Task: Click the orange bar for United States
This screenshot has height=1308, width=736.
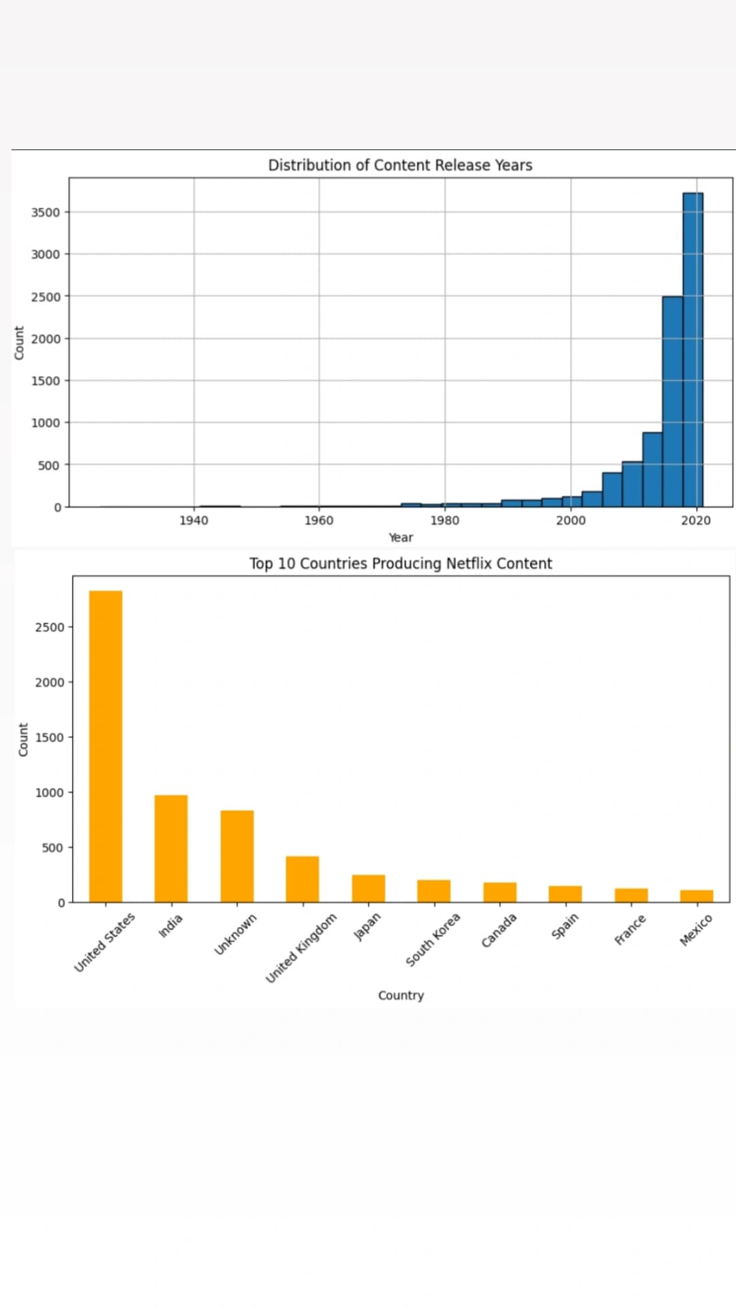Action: click(106, 746)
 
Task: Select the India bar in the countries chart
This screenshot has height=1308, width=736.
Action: click(171, 848)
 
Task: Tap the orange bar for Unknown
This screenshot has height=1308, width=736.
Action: click(237, 856)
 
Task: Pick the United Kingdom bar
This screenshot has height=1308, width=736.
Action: click(303, 879)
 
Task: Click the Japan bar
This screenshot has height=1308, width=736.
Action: click(368, 888)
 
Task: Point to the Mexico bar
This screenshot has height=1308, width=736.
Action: click(696, 896)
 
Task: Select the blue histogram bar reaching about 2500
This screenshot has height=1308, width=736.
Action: click(673, 401)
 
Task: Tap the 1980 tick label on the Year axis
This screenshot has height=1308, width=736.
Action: click(444, 520)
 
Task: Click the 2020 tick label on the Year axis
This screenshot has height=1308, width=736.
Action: click(696, 520)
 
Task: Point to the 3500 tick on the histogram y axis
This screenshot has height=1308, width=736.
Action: click(46, 213)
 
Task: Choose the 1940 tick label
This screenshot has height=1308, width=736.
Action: click(194, 520)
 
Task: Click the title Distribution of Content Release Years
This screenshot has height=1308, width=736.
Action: click(400, 165)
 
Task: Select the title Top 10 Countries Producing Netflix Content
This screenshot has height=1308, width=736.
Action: click(401, 563)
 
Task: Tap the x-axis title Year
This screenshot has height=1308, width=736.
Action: click(401, 538)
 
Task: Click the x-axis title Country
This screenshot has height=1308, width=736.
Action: click(401, 995)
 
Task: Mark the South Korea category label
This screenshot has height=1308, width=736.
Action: click(433, 939)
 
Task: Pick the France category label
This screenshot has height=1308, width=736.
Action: click(630, 930)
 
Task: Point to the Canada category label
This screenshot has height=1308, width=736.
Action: click(499, 931)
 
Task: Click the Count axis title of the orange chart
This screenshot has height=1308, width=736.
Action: click(23, 739)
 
